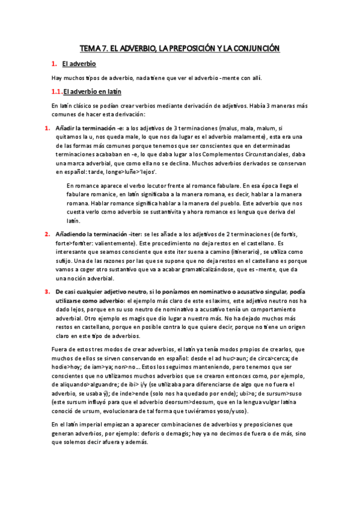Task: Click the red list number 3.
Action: tap(47, 291)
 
